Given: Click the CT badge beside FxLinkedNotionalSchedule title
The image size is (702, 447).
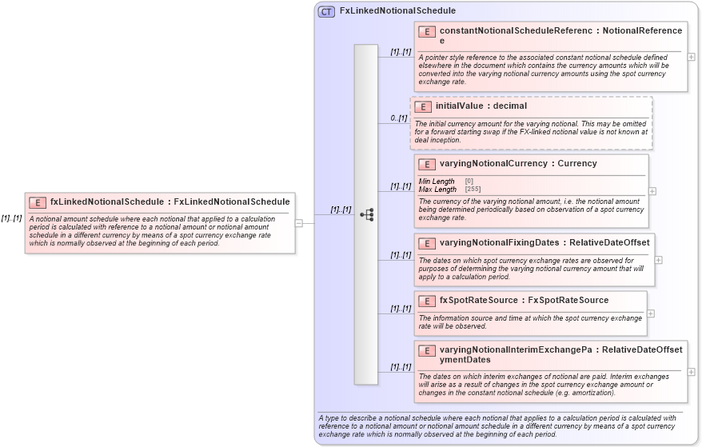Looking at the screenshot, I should pyautogui.click(x=326, y=11).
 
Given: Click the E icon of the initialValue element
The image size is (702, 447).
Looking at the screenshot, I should pyautogui.click(x=422, y=106).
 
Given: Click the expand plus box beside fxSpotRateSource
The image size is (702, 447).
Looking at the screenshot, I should pyautogui.click(x=651, y=313).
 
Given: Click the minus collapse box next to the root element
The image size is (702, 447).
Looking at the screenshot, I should pyautogui.click(x=298, y=223).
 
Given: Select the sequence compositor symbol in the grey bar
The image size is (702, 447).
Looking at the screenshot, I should pyautogui.click(x=367, y=214).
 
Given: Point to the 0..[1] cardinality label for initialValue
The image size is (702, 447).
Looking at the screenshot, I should pyautogui.click(x=398, y=118).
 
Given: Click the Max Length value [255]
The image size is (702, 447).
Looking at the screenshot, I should pyautogui.click(x=473, y=190).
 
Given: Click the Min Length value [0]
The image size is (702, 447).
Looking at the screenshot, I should pyautogui.click(x=469, y=182).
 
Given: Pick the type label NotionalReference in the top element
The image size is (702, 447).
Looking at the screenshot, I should pyautogui.click(x=642, y=31).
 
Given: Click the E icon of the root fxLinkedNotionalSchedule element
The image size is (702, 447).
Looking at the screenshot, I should pyautogui.click(x=37, y=202).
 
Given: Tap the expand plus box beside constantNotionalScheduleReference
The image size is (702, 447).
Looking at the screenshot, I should pyautogui.click(x=691, y=57).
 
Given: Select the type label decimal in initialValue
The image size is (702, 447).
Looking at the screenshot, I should pyautogui.click(x=509, y=106).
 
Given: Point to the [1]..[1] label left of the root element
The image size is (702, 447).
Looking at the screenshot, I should pyautogui.click(x=11, y=218).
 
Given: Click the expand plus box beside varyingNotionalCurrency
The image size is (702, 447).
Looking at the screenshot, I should pyautogui.click(x=652, y=191).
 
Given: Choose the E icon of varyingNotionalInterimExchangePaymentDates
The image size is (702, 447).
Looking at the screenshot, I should pyautogui.click(x=426, y=350).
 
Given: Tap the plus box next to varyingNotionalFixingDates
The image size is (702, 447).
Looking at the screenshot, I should pyautogui.click(x=659, y=260).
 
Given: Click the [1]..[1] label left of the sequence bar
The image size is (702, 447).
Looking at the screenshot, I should pyautogui.click(x=341, y=210).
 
